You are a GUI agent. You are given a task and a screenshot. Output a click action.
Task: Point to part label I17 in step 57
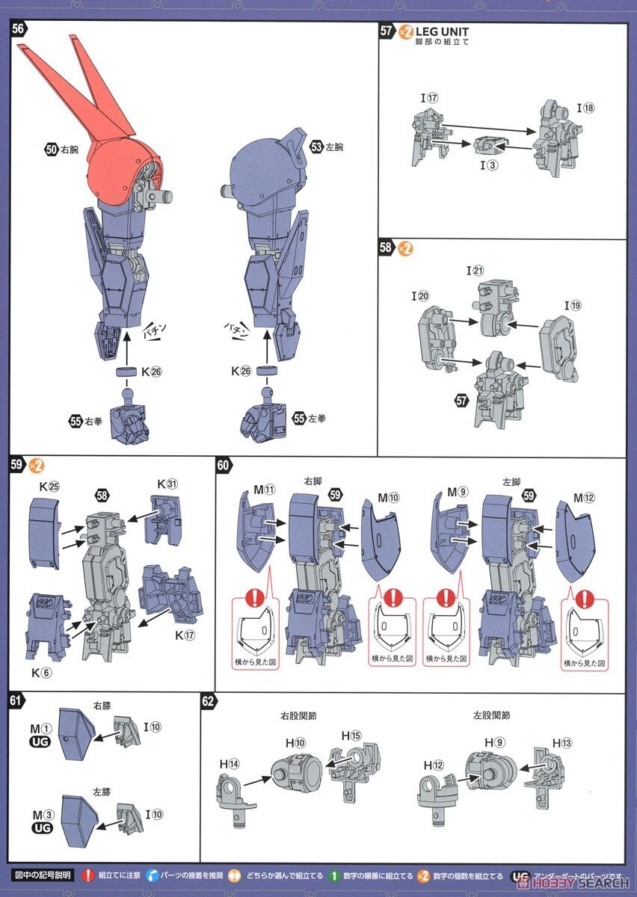(x=428, y=97)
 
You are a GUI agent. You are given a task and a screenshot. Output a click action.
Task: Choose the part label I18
(x=585, y=108)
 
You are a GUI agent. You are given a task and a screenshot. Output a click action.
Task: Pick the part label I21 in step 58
(x=476, y=271)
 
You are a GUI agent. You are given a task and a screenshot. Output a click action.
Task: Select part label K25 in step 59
(x=49, y=485)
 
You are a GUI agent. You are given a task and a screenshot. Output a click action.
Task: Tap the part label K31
(x=167, y=484)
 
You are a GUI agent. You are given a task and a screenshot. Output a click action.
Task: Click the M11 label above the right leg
(x=265, y=490)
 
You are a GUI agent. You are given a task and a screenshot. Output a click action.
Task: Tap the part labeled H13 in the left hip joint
(x=562, y=742)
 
